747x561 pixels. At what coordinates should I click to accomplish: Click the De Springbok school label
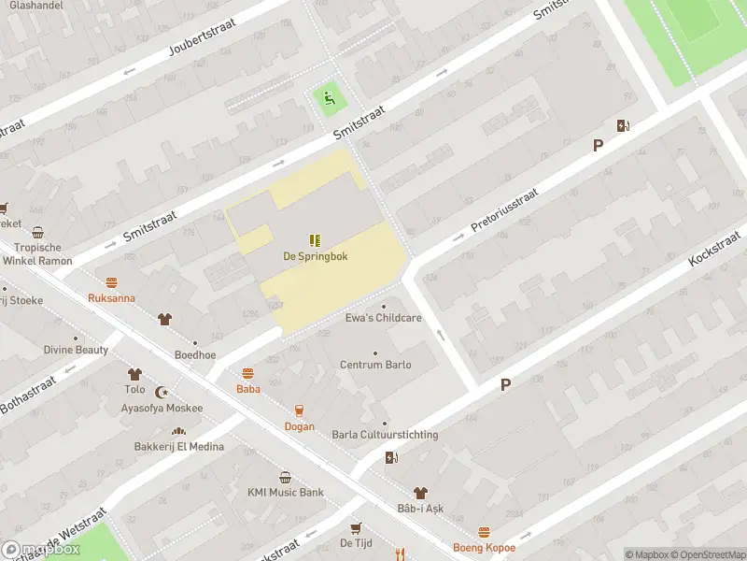(316, 256)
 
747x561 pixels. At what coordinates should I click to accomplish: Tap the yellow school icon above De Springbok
(316, 239)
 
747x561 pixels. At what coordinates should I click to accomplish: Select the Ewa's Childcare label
(384, 318)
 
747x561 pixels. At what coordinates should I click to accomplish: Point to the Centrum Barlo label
(375, 365)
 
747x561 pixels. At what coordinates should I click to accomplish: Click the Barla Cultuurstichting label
(385, 435)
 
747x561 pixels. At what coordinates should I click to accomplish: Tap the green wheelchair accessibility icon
(327, 96)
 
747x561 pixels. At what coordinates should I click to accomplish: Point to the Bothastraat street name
(28, 396)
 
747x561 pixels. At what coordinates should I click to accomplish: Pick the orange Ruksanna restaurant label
(111, 298)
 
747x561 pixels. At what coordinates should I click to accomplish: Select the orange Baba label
(247, 389)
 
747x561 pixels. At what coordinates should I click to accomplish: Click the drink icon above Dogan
(299, 410)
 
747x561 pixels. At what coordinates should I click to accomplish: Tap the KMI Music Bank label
(285, 493)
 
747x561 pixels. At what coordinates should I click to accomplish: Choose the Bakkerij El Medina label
(178, 446)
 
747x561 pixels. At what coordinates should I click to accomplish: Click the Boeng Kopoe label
(484, 548)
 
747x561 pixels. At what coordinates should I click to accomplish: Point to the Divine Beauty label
(76, 350)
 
